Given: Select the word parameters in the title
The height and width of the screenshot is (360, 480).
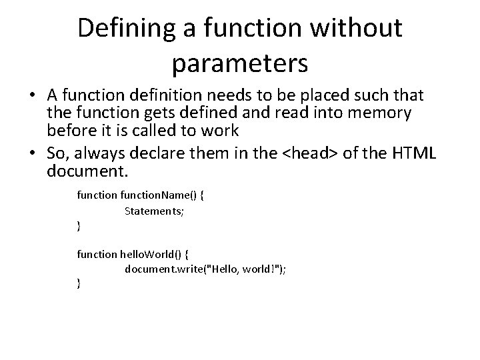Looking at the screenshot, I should tap(239, 63).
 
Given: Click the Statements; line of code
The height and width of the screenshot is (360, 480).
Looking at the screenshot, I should tap(153, 211).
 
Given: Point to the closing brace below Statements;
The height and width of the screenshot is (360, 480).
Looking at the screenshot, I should tap(79, 227).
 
